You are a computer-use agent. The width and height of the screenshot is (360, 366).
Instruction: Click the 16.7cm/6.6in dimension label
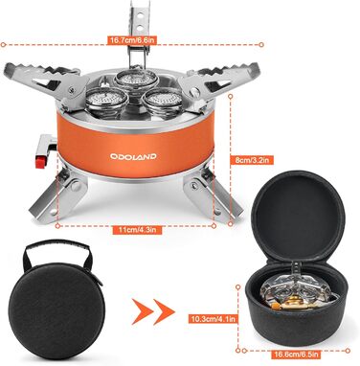click(133, 40)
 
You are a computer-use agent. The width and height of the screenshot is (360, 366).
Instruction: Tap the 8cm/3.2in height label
click(252, 159)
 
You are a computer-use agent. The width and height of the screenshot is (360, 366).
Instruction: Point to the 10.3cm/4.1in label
click(214, 318)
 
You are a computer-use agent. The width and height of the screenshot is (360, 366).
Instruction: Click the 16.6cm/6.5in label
click(296, 354)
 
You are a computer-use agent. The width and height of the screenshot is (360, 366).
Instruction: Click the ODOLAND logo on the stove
click(133, 156)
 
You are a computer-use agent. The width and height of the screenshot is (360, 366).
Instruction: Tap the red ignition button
click(39, 162)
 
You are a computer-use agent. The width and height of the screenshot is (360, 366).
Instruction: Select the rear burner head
click(136, 79)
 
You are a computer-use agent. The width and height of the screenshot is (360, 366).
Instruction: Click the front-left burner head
click(102, 103)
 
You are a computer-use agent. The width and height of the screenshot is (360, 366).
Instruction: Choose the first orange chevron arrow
click(141, 312)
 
